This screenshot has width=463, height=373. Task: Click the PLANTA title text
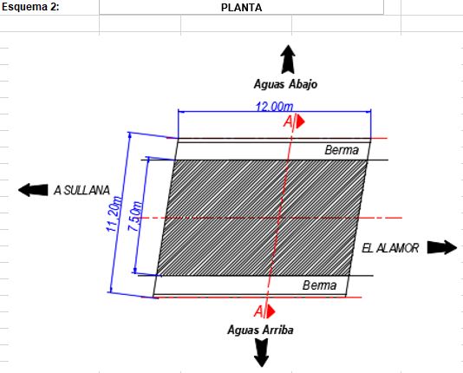[x=241, y=8]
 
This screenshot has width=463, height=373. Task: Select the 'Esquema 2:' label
[x=30, y=7]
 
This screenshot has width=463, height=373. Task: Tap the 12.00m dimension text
[x=274, y=107]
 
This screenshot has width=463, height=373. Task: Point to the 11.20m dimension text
[x=114, y=213]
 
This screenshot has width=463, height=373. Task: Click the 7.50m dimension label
[x=135, y=216]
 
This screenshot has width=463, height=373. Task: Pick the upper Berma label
[x=342, y=150]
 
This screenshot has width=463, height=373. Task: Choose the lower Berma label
[x=319, y=285]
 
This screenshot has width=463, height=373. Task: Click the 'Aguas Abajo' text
[x=285, y=84]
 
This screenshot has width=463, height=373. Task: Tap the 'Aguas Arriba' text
[x=260, y=330]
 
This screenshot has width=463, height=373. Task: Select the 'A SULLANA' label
[x=82, y=190]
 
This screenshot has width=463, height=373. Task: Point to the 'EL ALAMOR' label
[x=390, y=248]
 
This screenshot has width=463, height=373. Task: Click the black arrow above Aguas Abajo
[x=288, y=59]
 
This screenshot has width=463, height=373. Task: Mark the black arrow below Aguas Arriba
[x=261, y=353]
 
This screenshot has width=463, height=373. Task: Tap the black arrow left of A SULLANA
[x=33, y=190]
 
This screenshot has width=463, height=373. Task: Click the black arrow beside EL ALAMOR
[x=442, y=247]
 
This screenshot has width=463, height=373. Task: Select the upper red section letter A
[x=288, y=121]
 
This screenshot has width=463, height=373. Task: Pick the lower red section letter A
[x=258, y=311]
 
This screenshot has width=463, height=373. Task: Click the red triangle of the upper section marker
[x=300, y=121]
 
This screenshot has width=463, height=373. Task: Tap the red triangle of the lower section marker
[x=271, y=312]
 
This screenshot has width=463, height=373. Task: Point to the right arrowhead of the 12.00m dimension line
[x=368, y=112]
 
